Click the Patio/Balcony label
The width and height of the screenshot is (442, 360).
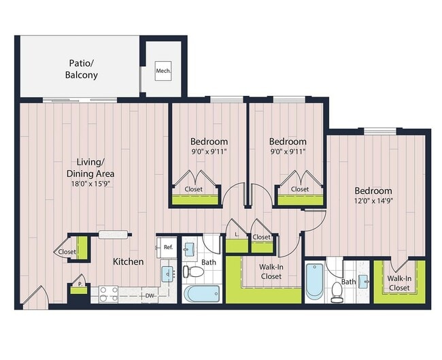82,69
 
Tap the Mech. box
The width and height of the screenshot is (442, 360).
163,70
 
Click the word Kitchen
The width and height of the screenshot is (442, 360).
128,261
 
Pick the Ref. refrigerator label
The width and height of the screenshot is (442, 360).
168,247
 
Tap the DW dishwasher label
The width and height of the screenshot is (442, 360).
150,296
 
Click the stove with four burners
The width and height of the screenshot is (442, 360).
109,293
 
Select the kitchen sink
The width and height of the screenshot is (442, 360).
167,274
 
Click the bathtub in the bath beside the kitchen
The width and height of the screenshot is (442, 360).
202,294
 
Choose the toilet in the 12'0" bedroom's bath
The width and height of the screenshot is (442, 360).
336,291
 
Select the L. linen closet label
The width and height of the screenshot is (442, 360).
236,234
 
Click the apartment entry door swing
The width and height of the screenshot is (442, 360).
35,295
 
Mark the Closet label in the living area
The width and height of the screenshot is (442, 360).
67,252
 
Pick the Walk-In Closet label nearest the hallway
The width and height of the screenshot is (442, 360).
271,272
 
